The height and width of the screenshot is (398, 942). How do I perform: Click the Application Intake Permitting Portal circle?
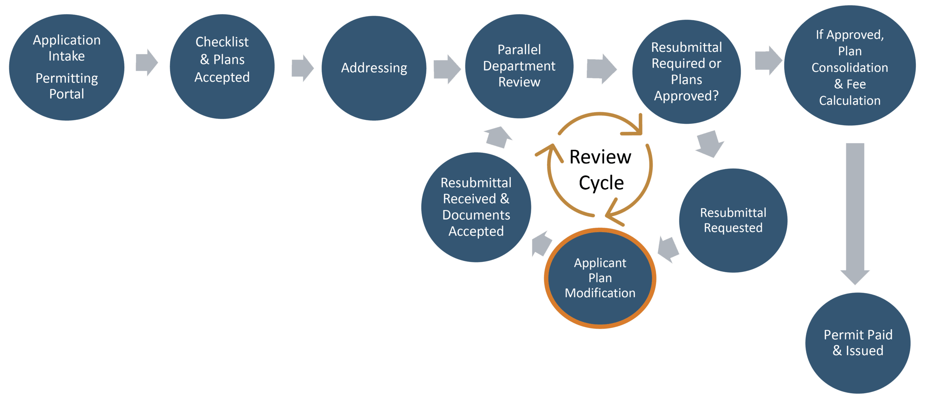click(x=67, y=67)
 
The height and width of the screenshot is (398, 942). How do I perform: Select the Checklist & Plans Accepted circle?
click(x=222, y=67)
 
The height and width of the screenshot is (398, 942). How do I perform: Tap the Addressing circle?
click(x=374, y=68)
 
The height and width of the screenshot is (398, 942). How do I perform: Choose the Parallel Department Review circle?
click(x=519, y=66)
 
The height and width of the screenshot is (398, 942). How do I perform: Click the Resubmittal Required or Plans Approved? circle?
click(x=686, y=72)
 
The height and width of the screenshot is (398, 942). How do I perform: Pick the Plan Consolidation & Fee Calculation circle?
click(x=850, y=66)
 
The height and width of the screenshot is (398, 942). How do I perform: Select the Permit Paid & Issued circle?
click(x=858, y=343)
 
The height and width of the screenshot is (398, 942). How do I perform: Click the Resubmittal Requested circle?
click(x=733, y=221)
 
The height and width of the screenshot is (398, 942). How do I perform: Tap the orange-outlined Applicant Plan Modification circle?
click(x=600, y=278)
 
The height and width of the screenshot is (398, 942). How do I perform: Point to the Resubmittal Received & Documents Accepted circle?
click(x=476, y=207)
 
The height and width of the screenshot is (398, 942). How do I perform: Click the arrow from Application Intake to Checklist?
click(x=146, y=63)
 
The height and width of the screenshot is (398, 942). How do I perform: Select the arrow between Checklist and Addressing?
click(x=302, y=68)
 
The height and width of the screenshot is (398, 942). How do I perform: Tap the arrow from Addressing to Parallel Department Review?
click(x=446, y=70)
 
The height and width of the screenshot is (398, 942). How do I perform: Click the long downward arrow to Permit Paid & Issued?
click(x=855, y=212)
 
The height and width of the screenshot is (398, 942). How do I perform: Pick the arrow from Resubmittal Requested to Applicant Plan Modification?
click(x=669, y=250)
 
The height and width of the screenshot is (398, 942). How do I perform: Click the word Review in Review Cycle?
click(x=600, y=157)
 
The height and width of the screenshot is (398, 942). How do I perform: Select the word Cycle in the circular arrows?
click(x=601, y=183)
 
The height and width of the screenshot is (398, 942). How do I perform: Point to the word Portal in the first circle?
click(x=67, y=94)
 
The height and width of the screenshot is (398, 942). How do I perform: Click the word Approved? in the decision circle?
click(x=686, y=96)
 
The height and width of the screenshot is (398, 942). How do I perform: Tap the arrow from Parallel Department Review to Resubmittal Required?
click(x=601, y=69)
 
